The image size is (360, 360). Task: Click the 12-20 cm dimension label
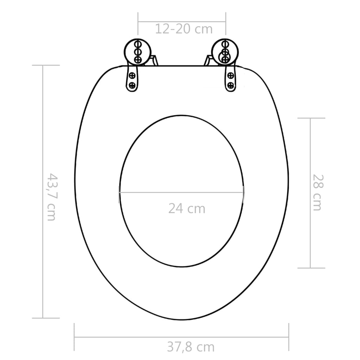pyautogui.click(x=184, y=29)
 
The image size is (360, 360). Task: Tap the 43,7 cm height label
pyautogui.click(x=52, y=197)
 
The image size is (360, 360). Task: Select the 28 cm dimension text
pyautogui.click(x=317, y=192)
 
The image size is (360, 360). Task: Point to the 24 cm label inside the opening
pyautogui.click(x=186, y=208)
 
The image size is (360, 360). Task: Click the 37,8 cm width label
pyautogui.click(x=191, y=347)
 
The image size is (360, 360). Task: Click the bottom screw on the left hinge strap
pyautogui.click(x=133, y=85)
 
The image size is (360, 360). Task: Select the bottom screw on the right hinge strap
pyautogui.click(x=231, y=85)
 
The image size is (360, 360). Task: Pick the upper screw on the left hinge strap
pyautogui.click(x=133, y=75)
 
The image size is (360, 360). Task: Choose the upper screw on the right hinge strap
pyautogui.click(x=231, y=75)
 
